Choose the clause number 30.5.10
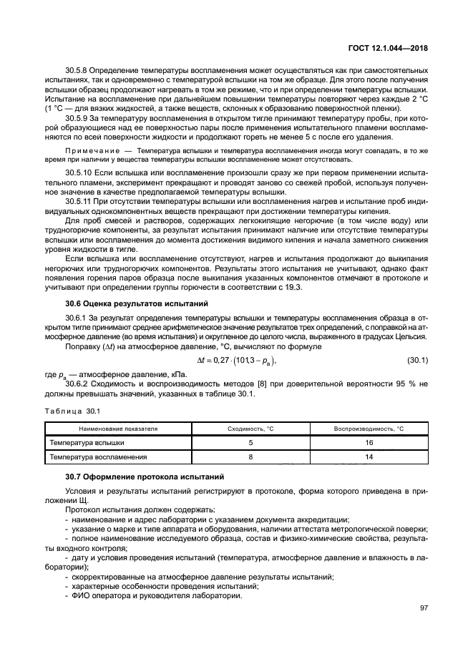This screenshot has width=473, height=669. pos(79,174)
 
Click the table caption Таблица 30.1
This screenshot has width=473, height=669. pos(72,411)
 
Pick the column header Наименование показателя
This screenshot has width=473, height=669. pos(118,429)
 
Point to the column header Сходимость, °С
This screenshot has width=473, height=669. pos(250,429)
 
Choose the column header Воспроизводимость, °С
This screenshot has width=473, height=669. pos(369,429)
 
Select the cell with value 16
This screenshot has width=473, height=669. pos(369,442)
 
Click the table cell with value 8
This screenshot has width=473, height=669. pos(250,456)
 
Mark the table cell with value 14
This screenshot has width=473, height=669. pos(369,456)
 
